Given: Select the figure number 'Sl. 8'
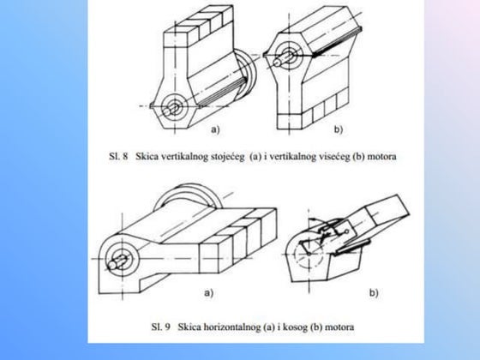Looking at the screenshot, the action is pos(118,156).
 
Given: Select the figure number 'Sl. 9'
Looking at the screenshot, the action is pos(161,327).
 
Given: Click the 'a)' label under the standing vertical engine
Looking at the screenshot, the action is pos(215,129).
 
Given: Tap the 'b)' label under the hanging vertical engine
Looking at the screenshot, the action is pos(339,129).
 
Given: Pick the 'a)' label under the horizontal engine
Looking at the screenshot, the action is pos(208,293).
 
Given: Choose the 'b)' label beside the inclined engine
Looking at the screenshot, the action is pos(374,293).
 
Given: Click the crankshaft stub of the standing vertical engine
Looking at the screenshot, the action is pos(171,110).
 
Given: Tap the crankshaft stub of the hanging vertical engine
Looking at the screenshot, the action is pos(282,59).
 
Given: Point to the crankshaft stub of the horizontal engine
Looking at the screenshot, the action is pos(118,262).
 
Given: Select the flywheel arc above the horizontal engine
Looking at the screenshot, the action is pos(189,188).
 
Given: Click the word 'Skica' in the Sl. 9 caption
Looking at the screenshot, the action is pos(188,327).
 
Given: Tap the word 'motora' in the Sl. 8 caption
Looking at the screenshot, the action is pos(381,157).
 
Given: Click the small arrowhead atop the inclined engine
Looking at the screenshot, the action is pos(315,219).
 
